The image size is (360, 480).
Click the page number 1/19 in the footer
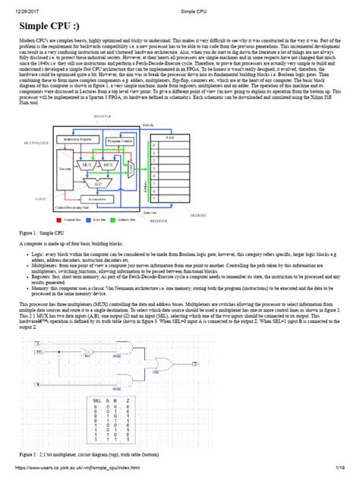point(345,472)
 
